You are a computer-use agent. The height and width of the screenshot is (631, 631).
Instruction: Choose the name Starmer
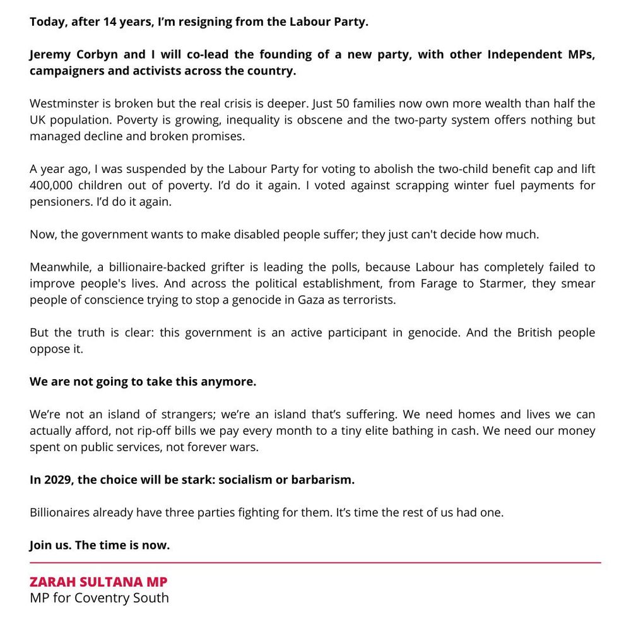coord(500,283)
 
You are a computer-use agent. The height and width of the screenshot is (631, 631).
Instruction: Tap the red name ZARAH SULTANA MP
coord(98,582)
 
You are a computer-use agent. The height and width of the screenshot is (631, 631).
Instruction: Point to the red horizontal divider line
coord(315,562)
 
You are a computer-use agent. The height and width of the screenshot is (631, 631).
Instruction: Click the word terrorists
coord(369,300)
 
